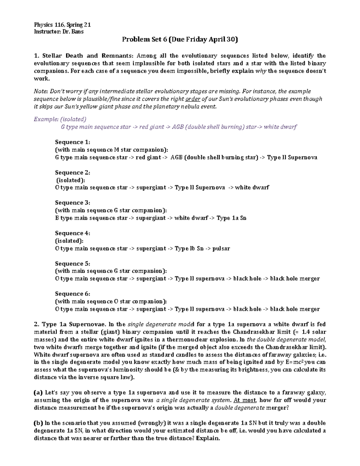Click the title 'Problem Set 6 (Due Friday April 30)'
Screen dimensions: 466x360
tap(180, 40)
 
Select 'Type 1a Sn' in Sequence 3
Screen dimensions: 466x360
tap(231, 218)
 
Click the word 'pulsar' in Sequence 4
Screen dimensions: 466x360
tap(221, 248)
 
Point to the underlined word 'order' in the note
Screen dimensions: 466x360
tap(193, 99)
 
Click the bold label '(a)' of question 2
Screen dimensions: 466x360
tap(38, 392)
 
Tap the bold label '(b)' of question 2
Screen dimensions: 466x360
tap(38, 423)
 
